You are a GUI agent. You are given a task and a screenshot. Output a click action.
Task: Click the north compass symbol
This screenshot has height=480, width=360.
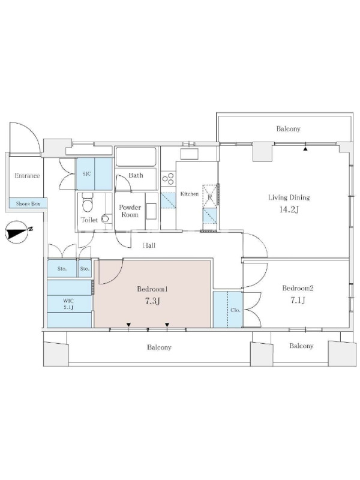[x=17, y=232]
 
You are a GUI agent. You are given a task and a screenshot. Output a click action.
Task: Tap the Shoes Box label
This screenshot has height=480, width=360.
[x=28, y=203]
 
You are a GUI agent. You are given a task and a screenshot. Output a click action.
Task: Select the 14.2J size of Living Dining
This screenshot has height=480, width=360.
[x=289, y=209]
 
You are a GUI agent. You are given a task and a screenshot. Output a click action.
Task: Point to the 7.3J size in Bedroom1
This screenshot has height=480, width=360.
[x=152, y=301]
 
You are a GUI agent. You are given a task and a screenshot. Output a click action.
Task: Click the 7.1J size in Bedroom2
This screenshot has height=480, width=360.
[x=298, y=300]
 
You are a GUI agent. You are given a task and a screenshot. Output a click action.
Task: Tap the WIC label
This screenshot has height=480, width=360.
[x=68, y=301]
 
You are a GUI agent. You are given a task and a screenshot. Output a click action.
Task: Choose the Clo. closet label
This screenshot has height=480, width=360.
[x=235, y=310]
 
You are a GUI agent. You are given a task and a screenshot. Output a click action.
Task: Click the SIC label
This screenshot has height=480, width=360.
[x=86, y=174]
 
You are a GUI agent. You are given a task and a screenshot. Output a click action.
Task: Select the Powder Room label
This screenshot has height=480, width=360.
[x=130, y=211]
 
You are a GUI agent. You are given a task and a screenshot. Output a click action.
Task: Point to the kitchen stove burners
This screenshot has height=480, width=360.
[x=168, y=178]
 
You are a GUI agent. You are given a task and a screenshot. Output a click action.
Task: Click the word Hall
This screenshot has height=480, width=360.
[x=149, y=245]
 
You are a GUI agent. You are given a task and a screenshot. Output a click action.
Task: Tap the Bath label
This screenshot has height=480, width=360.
[x=136, y=175]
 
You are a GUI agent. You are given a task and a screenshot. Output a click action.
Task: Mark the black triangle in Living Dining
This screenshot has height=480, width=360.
[x=305, y=149]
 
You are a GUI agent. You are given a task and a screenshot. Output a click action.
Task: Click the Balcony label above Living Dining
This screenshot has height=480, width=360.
[x=288, y=128]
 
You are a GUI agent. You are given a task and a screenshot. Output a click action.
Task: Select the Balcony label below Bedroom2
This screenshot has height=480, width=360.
[x=301, y=346]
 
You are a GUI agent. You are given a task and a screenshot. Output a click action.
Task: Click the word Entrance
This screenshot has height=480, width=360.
[x=27, y=176]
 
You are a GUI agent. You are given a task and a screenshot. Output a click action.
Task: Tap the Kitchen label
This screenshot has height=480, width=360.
[x=189, y=194]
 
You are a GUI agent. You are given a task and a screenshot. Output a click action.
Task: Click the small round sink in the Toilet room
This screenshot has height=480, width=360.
[x=105, y=218]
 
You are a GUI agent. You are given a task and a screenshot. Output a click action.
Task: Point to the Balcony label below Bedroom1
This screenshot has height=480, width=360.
[x=159, y=347]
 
